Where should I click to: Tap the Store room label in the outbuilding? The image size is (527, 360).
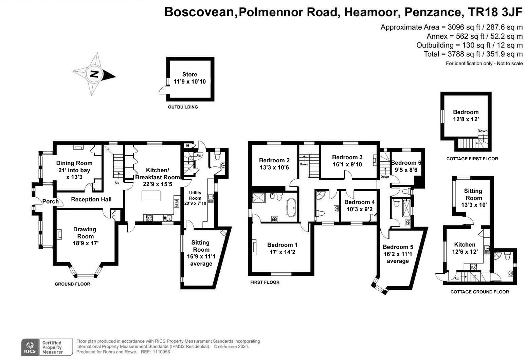pos(189,74)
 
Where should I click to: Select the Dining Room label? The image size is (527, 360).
pos(74,163)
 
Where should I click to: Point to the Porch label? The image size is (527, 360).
pos(50,201)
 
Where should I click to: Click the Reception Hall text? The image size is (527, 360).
pos(91,199)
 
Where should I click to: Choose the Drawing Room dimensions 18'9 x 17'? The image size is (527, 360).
pos(85,243)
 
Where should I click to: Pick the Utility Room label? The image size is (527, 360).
pos(195,195)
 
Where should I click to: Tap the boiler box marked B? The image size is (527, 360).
pos(187,146)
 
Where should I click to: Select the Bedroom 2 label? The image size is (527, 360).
pos(274,160)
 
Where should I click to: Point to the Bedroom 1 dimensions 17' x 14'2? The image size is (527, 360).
pos(282,252)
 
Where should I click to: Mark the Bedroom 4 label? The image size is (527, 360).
pos(359,202)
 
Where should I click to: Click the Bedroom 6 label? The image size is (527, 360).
pos(406,163)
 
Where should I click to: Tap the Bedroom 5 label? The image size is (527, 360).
pos(398,247)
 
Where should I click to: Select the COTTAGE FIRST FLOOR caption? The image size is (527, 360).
pos(472,159)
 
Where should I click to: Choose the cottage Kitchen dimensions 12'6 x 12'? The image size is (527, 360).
pos(465,252)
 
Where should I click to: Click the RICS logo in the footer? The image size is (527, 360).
pos(30,347)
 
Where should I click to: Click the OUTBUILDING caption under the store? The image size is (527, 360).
pos(183,107)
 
